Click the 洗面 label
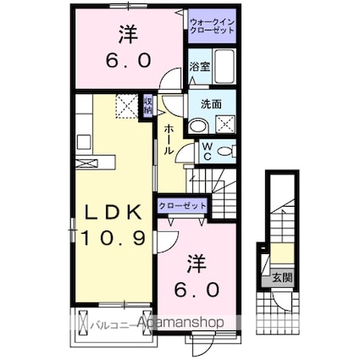212,104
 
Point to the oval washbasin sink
197,125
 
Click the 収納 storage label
148,104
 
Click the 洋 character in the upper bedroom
128,36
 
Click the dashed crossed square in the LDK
126,105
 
